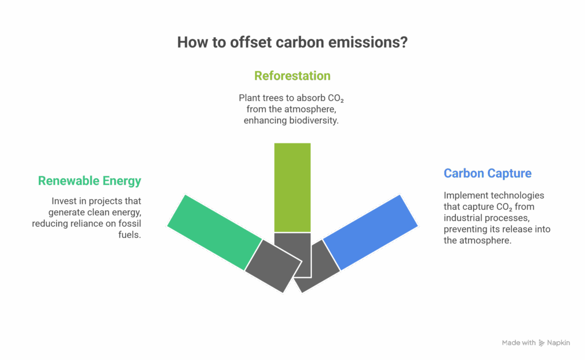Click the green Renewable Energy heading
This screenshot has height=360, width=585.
coord(89,181)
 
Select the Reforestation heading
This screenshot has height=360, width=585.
coord(292,76)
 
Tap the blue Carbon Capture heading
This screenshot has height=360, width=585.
coord(487,173)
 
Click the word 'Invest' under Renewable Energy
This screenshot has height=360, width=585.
coord(64,202)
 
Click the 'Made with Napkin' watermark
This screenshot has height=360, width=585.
coord(536,343)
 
